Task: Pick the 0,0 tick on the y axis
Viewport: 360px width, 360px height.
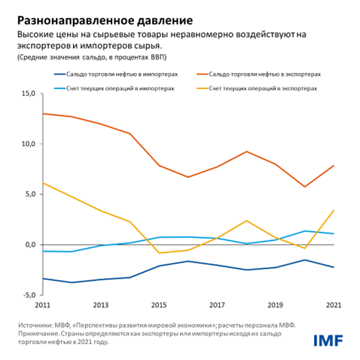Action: tap(28, 245)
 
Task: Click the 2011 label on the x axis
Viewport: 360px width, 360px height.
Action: tap(42, 305)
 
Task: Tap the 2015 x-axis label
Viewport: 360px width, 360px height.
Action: tap(158, 305)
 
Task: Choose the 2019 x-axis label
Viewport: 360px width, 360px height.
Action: tap(274, 305)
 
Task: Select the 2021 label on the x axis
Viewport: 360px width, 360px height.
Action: tap(332, 305)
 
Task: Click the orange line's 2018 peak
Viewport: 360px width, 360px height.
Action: tap(246, 151)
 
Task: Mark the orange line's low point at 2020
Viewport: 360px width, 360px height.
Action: tap(304, 187)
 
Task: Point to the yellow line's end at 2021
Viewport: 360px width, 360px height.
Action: tap(333, 210)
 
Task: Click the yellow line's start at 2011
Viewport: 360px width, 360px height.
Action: tap(42, 183)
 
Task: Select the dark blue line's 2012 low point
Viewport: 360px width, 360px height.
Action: tap(72, 282)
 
